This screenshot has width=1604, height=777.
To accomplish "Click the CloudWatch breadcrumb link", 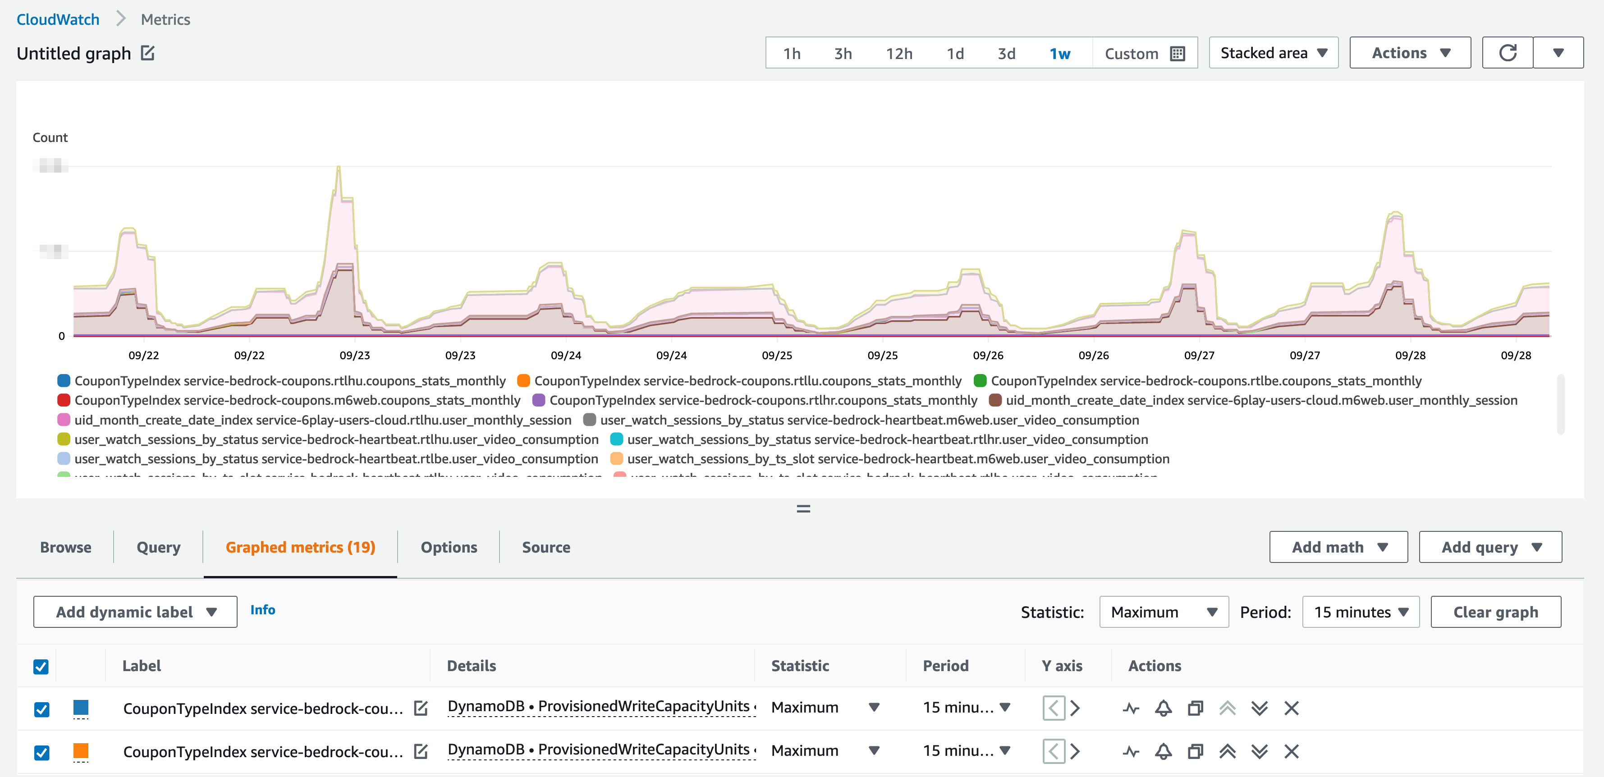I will click(58, 19).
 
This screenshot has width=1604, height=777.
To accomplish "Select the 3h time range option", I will click(843, 54).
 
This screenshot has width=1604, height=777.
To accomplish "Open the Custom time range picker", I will click(1144, 54).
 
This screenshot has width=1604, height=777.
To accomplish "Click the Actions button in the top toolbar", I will click(1410, 53).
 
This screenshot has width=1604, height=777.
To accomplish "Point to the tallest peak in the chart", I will click(339, 168).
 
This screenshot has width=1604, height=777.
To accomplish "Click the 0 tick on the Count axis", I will click(62, 336).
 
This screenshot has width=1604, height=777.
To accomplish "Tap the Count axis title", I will click(50, 137).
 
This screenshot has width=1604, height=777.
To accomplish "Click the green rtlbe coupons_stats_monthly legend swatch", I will click(980, 380).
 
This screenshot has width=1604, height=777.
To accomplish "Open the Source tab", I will click(545, 547).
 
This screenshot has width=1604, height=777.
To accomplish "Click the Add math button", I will click(1338, 547).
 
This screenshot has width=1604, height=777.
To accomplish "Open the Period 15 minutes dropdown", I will click(1361, 612).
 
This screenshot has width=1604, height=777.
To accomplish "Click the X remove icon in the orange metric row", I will click(1292, 751).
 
